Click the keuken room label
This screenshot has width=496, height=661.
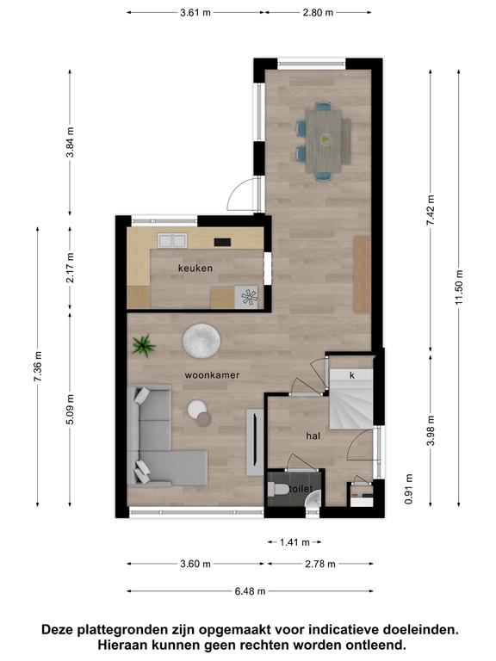(x=195, y=269)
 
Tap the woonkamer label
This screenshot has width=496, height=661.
(x=212, y=375)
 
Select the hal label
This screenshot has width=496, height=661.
(x=313, y=436)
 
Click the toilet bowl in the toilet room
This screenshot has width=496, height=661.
(x=278, y=489)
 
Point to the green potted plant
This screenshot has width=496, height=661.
(x=144, y=346)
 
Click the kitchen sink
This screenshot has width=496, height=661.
(x=172, y=241)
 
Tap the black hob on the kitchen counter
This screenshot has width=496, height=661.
(x=222, y=242)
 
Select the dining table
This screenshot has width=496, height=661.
(x=324, y=141)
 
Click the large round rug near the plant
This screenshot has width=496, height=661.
(x=201, y=341)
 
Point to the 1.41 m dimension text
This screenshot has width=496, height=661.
(x=294, y=542)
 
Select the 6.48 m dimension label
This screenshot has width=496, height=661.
(x=250, y=591)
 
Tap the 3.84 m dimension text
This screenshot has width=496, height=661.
(x=70, y=142)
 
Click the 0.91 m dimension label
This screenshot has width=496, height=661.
(x=408, y=489)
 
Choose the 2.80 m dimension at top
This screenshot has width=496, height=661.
(x=318, y=13)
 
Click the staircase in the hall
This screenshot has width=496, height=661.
(x=351, y=398)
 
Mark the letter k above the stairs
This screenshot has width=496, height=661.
(x=352, y=375)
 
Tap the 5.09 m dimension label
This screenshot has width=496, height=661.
(x=70, y=409)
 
